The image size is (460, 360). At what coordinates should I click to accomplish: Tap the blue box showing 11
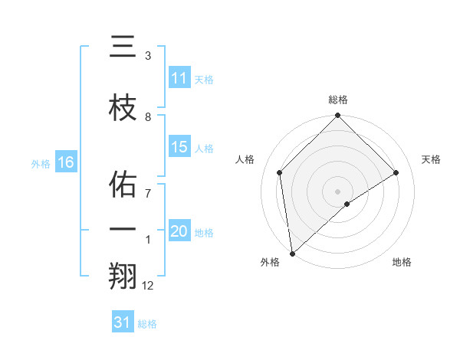[179, 78]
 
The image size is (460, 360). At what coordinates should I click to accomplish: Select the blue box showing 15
[179, 147]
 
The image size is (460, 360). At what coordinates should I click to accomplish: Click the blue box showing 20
[179, 231]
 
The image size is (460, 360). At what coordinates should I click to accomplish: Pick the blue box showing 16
[65, 162]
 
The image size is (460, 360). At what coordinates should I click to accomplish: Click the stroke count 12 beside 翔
[148, 285]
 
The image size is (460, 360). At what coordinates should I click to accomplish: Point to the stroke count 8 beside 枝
[148, 116]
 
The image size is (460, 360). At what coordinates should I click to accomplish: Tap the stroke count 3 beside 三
[148, 56]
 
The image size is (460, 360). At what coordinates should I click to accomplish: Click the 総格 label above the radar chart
[337, 100]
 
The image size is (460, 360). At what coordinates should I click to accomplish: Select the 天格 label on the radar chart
[431, 159]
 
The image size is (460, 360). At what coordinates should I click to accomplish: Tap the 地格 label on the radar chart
[402, 262]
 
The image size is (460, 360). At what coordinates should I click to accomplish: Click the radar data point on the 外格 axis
[292, 253]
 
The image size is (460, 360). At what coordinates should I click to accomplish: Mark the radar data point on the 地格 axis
[347, 204]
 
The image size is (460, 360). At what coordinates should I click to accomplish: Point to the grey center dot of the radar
[337, 191]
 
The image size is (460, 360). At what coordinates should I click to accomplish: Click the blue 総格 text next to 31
[147, 324]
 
